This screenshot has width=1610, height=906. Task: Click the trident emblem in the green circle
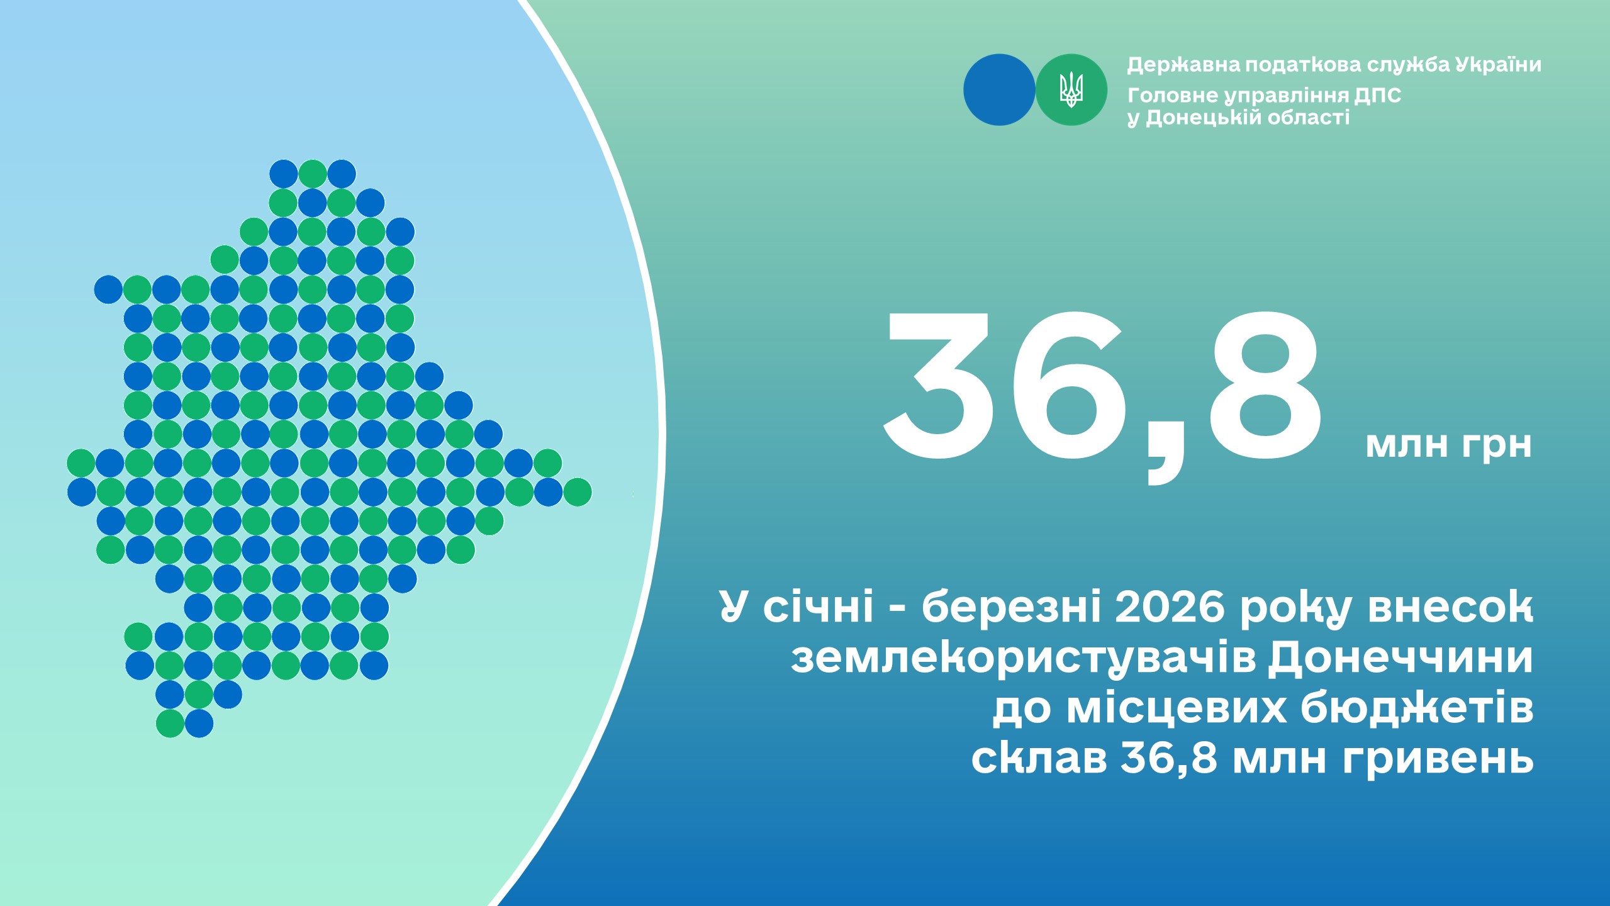click(x=1071, y=89)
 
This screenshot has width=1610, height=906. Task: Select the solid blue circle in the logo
click(x=999, y=89)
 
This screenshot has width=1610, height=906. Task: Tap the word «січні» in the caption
click(x=819, y=607)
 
